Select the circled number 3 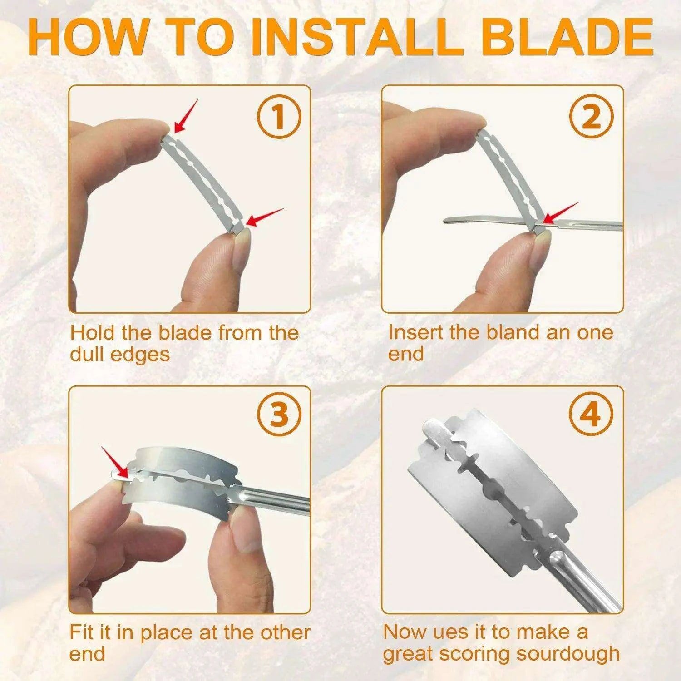pyautogui.click(x=280, y=415)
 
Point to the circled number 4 pyautogui.click(x=592, y=415)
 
